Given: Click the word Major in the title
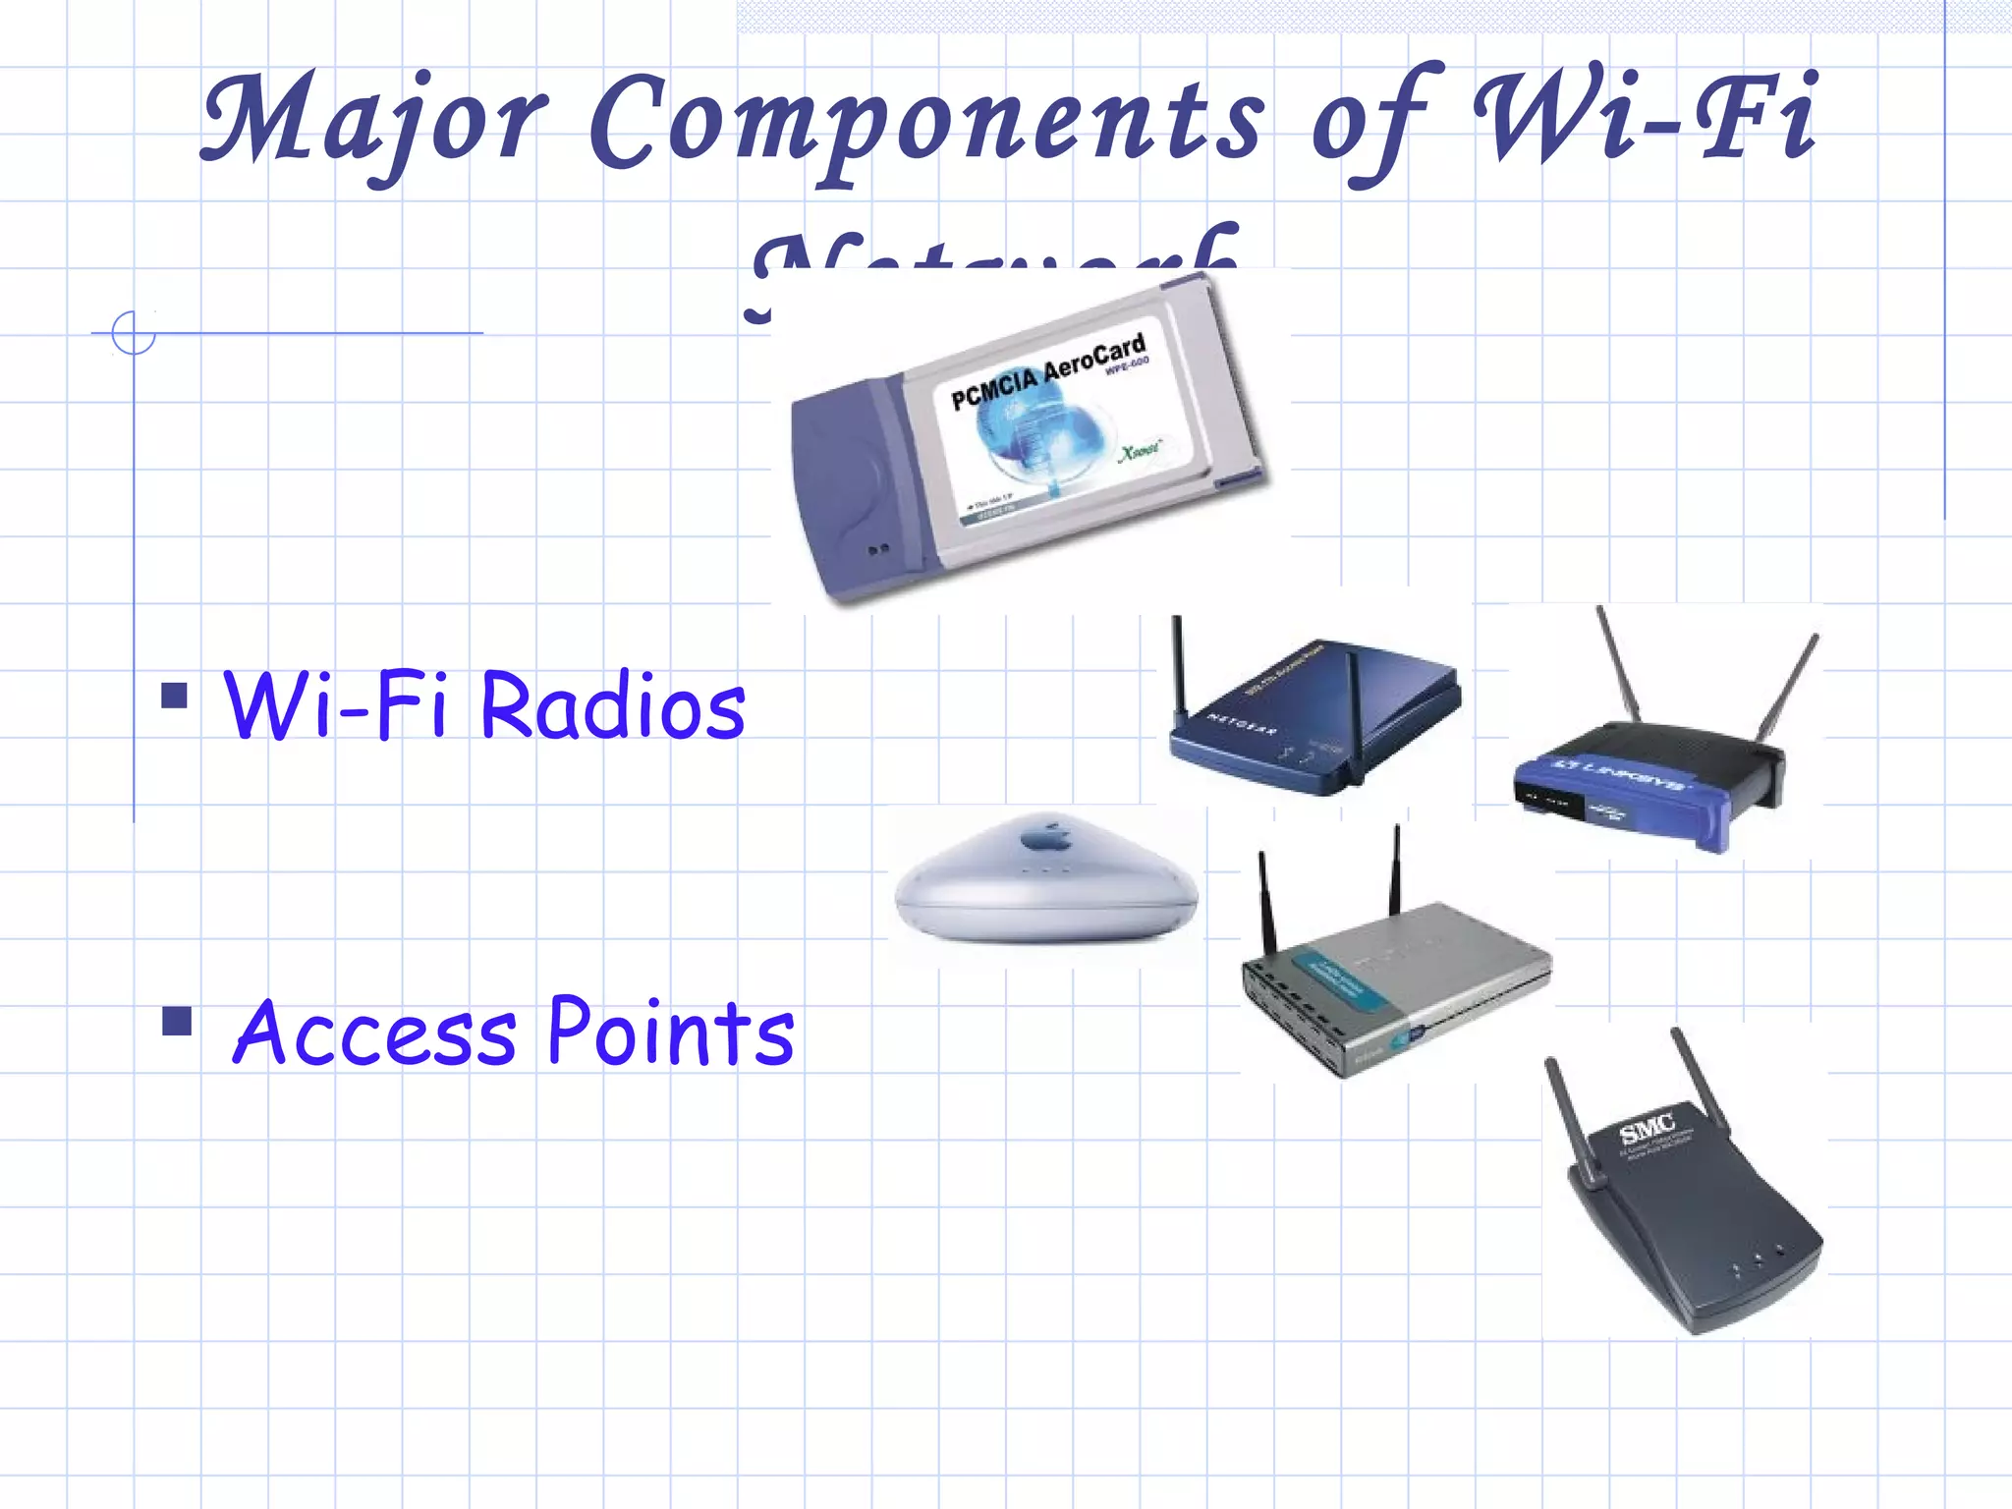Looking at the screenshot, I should point(373,120).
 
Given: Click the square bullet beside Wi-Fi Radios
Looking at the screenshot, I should point(175,696).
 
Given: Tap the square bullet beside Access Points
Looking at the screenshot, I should point(178,1022).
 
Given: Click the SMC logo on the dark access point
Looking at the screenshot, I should point(1648,1130).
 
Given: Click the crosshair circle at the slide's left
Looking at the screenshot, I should point(134,332).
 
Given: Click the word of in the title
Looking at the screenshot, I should point(1375,123).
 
